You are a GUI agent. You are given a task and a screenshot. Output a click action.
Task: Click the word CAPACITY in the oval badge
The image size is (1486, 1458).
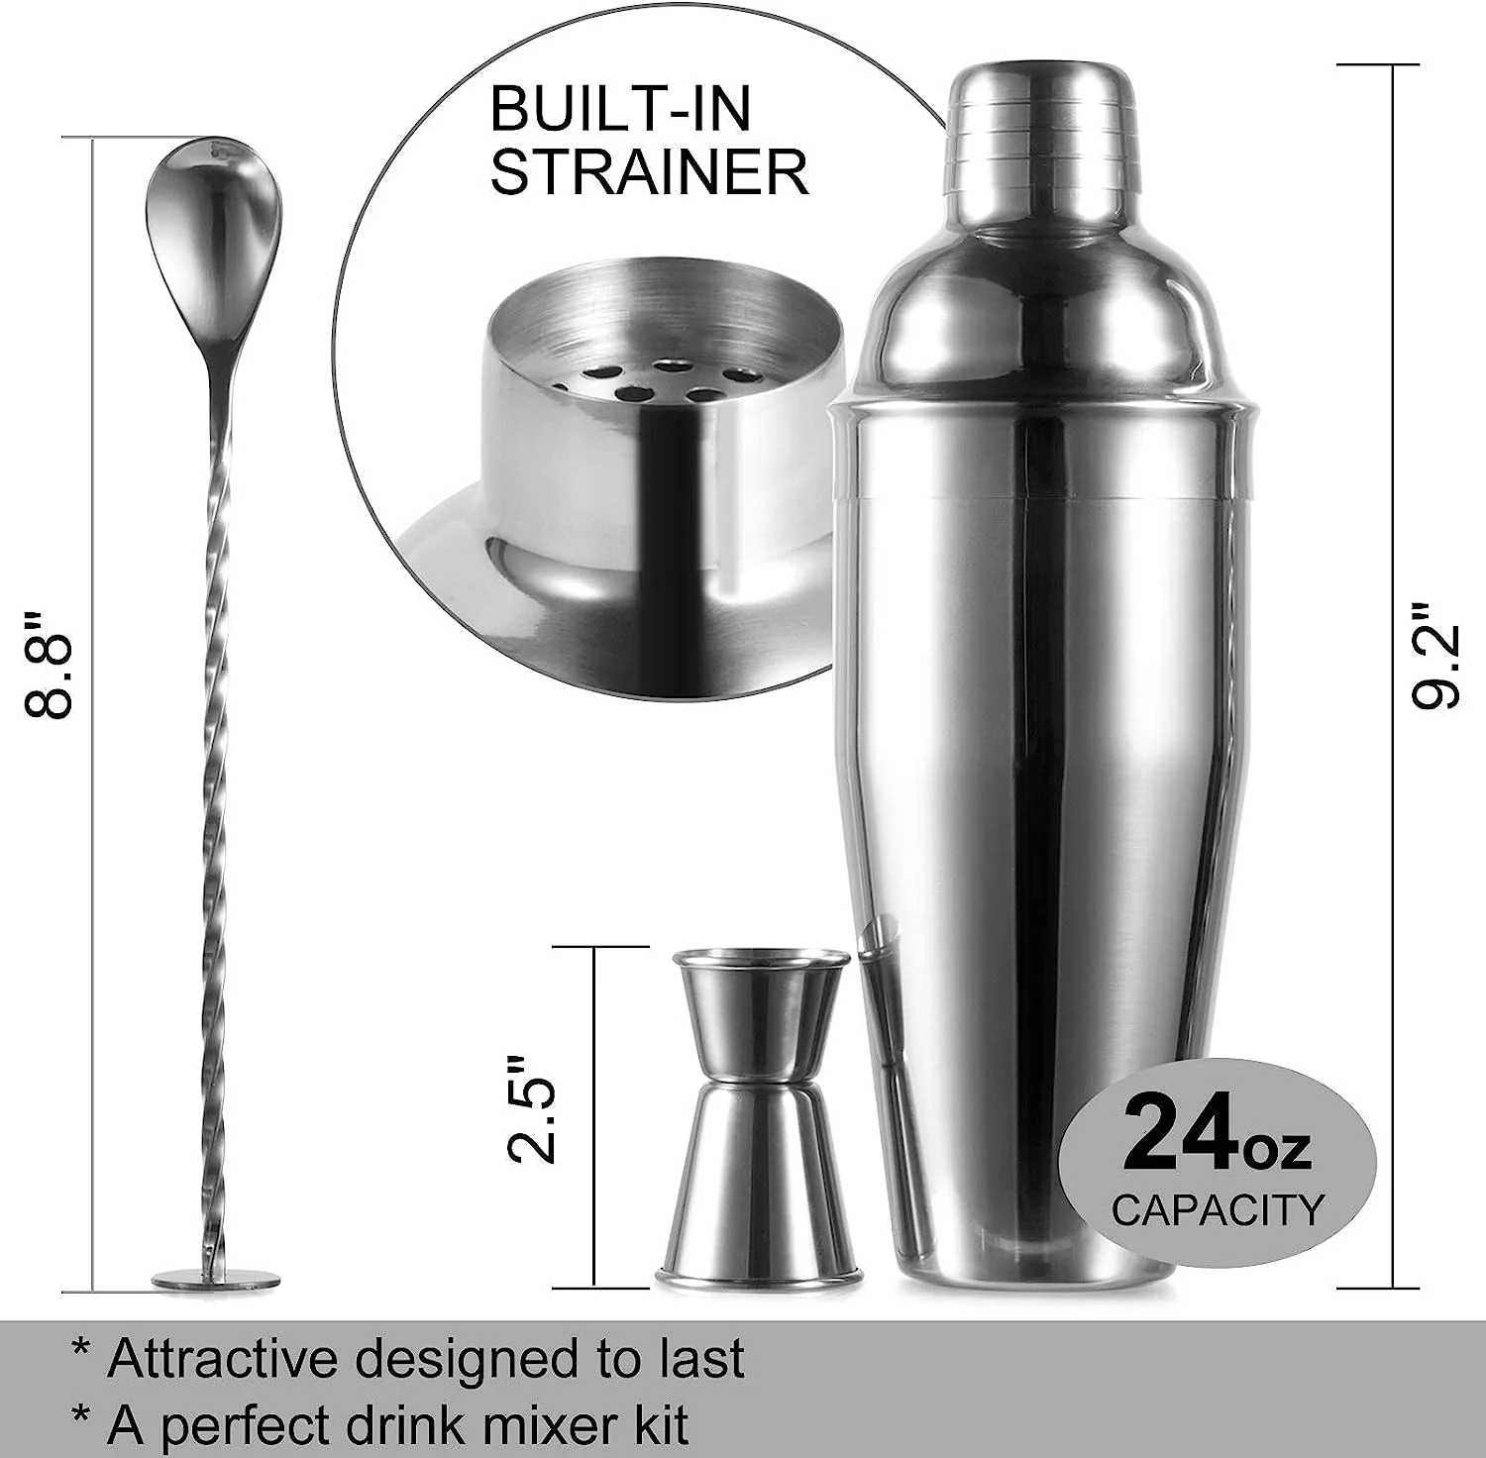(1217, 1209)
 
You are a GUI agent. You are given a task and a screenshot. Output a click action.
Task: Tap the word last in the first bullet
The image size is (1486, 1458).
(703, 1358)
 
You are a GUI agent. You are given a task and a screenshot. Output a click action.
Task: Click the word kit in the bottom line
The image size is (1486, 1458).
(658, 1425)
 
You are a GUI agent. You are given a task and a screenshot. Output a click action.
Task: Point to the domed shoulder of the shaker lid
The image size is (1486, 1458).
(1040, 297)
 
